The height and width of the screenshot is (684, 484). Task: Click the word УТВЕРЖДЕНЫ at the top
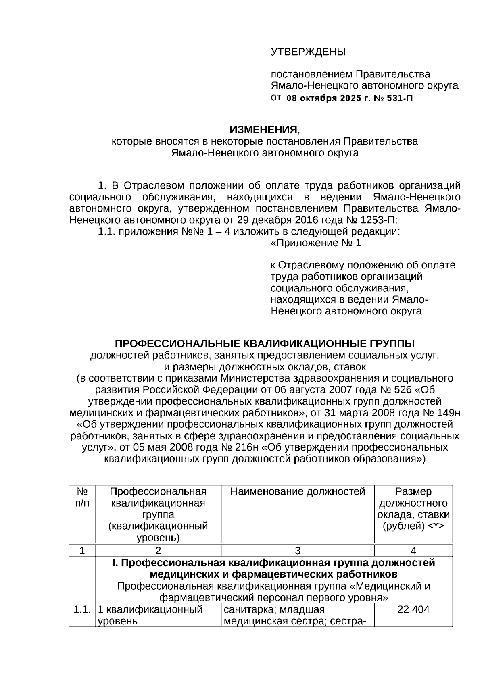(308, 52)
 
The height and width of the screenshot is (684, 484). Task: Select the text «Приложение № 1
(316, 243)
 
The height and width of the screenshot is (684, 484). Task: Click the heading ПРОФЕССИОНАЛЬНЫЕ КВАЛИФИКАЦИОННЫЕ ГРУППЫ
(265, 343)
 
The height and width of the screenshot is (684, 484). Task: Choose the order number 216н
(246, 447)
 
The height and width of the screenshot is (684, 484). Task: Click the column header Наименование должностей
(298, 491)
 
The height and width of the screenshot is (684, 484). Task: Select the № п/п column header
(82, 497)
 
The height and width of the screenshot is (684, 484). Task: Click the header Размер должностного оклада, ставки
(413, 509)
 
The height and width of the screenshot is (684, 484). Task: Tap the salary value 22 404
(413, 609)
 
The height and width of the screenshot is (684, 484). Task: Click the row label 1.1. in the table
(82, 609)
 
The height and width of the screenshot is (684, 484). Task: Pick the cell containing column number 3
(298, 551)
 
